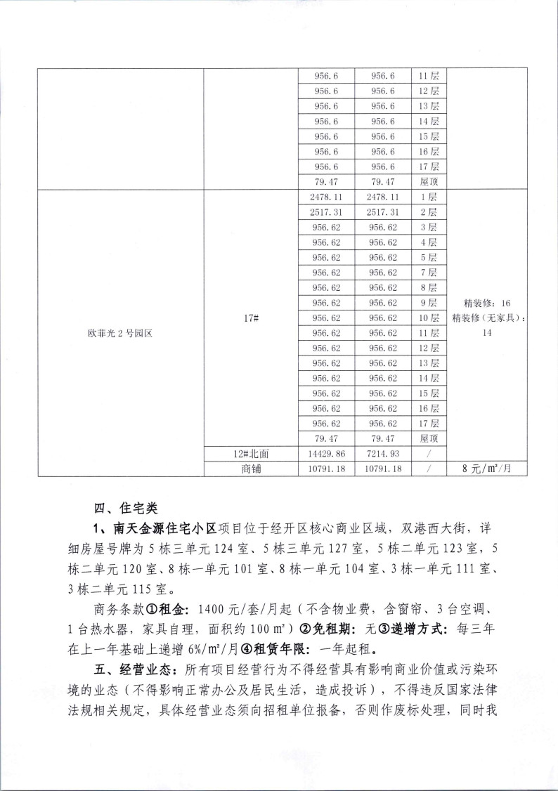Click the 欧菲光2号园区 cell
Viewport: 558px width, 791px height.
tap(119, 334)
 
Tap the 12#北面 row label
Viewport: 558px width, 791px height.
tap(251, 454)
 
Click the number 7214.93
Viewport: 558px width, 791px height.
tap(383, 454)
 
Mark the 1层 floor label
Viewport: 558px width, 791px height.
tap(428, 197)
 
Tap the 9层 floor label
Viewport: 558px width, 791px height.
tap(428, 303)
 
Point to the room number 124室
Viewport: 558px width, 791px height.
tap(241, 548)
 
